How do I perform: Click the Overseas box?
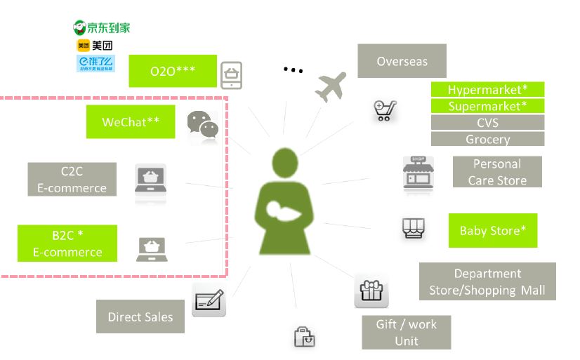(x=402, y=61)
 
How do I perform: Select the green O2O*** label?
(x=173, y=71)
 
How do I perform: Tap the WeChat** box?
(x=130, y=121)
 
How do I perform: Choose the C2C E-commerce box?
(x=73, y=179)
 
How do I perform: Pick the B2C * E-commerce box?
(x=67, y=243)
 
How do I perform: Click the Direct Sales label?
(x=140, y=316)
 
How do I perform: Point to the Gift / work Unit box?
(x=406, y=332)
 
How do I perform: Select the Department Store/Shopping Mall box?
(x=487, y=281)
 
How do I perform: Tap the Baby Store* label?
(x=492, y=230)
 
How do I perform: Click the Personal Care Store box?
(x=496, y=172)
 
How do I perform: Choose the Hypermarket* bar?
(x=487, y=90)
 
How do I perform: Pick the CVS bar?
(x=487, y=123)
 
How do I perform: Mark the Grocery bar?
(x=487, y=139)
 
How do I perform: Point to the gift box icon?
(x=371, y=293)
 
